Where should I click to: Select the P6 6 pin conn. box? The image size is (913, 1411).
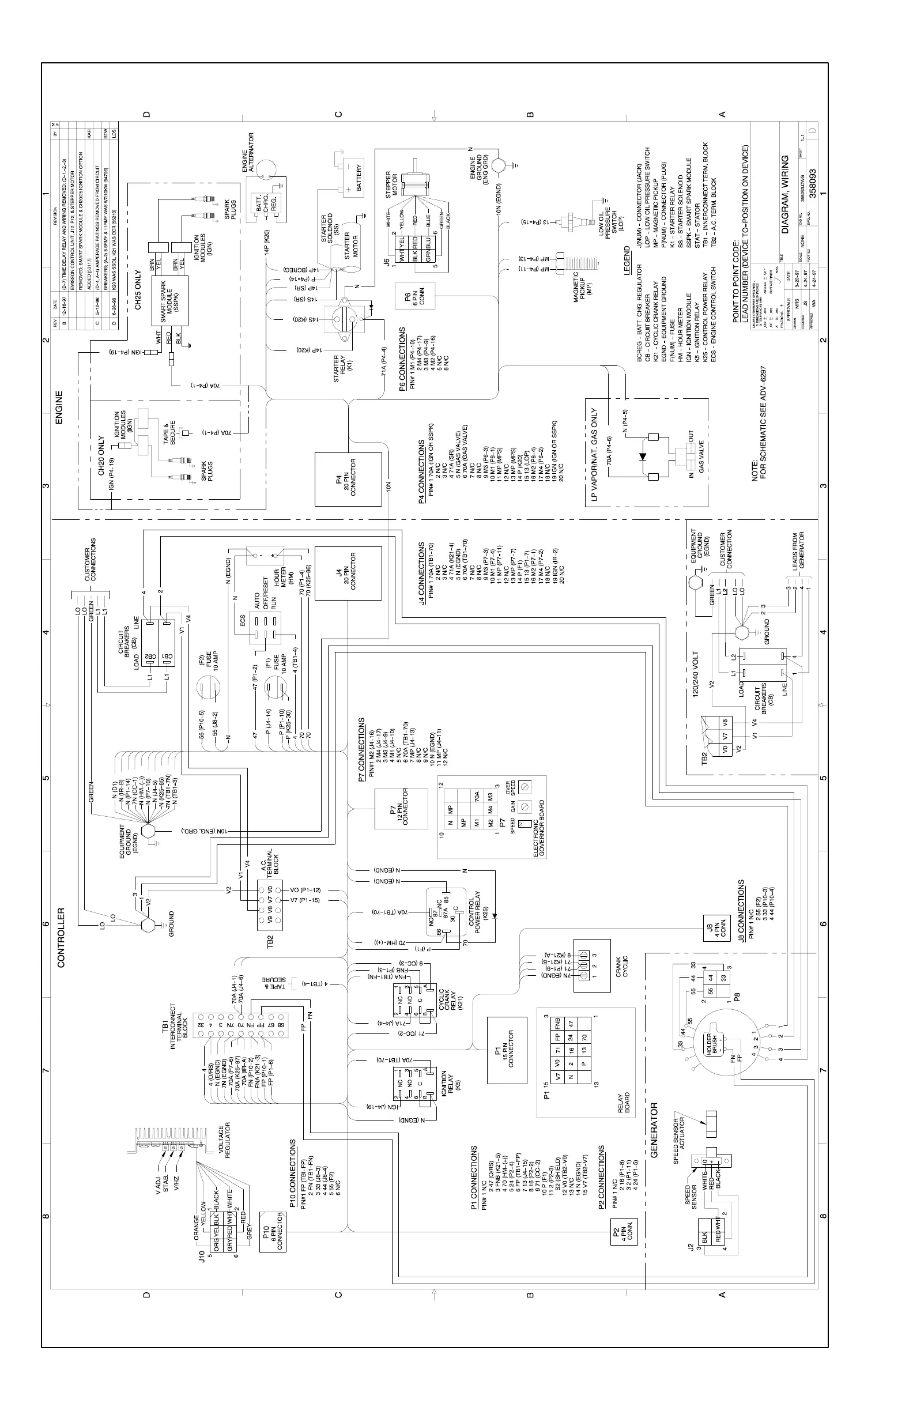click(x=418, y=296)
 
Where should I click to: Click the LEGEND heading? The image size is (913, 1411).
click(x=627, y=261)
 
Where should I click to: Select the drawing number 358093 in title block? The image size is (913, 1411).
click(x=813, y=183)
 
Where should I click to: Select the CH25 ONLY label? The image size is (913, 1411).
click(x=138, y=290)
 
